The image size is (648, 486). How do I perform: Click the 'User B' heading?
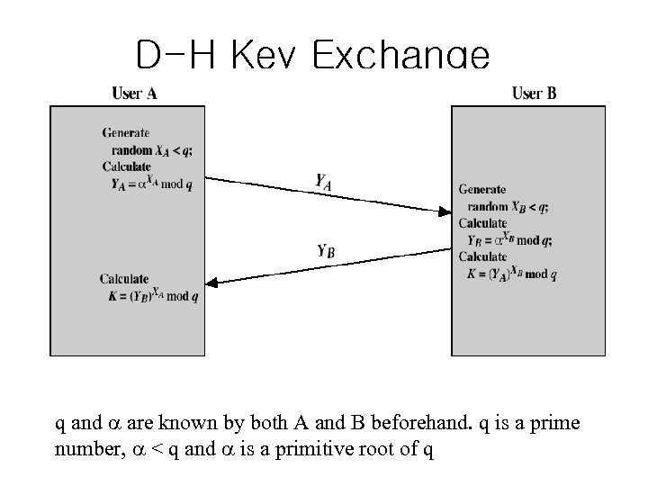tap(534, 93)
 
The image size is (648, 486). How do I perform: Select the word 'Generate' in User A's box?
tap(126, 133)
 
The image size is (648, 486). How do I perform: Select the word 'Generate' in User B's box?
tap(481, 190)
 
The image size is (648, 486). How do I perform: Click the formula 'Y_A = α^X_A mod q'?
tap(152, 184)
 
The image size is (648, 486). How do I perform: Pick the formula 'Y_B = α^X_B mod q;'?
tap(510, 239)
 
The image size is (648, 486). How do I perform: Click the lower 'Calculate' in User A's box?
tap(125, 279)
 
